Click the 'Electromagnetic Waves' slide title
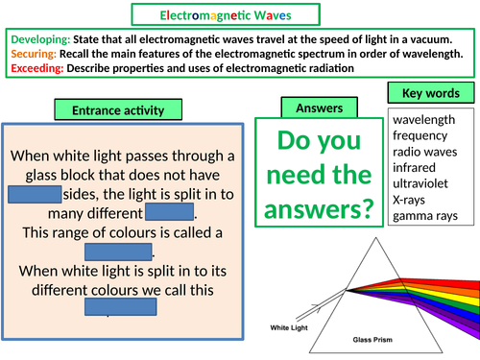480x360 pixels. (239, 14)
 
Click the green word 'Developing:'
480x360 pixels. (39, 38)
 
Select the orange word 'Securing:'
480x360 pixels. (34, 54)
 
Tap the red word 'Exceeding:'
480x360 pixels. (37, 70)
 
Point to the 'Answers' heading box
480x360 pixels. (313, 108)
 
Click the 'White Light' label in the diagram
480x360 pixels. (289, 326)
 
